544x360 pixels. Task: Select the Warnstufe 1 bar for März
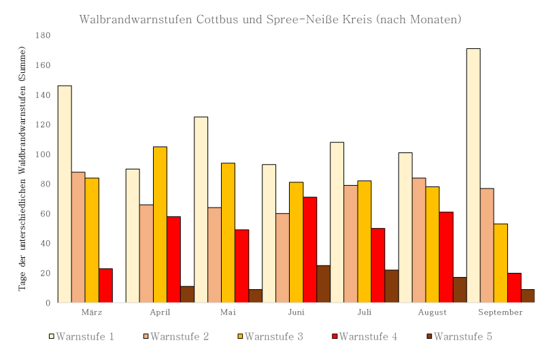point(65,194)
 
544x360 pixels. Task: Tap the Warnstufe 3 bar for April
point(160,225)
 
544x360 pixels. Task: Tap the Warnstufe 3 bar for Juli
point(364,242)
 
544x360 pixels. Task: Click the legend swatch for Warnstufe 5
point(428,336)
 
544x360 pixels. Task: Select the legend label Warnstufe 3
point(273,336)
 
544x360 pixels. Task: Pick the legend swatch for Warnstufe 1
point(52,336)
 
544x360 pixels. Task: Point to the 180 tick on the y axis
point(44,35)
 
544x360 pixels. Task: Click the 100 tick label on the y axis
point(44,154)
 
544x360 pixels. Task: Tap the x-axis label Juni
point(296,312)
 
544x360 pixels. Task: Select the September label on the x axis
point(500,312)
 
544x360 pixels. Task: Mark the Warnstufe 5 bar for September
point(528,296)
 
